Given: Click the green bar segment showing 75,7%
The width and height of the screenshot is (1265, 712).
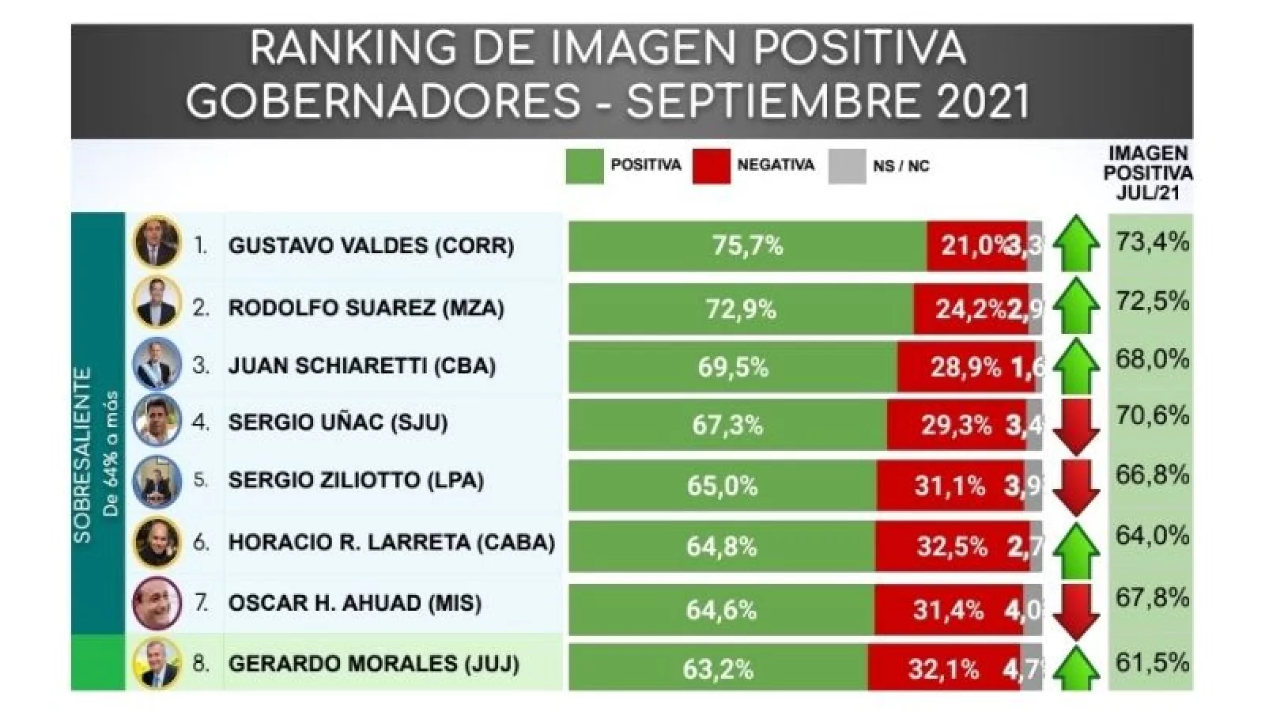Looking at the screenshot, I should pos(747,246).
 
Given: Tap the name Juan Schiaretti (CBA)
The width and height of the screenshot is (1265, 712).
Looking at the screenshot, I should pos(361,366).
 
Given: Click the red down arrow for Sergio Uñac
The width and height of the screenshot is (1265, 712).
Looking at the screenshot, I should pos(1076,426).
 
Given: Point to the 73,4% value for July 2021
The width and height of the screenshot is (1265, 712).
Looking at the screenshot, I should pos(1151,242).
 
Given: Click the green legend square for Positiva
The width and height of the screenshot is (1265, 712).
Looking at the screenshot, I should pos(584,166).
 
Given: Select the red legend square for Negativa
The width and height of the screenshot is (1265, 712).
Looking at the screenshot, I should pos(711,166).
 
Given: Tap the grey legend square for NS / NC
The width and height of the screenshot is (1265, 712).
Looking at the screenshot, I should pos(847,166).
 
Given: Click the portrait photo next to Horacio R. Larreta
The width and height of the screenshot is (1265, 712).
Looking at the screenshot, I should pos(157,543).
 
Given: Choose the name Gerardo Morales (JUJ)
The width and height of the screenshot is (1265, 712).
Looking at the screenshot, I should pos(373,663).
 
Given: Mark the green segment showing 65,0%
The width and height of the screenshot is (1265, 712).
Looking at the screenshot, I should pos(722,485).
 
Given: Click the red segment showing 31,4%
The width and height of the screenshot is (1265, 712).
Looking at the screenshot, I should pos(947,610).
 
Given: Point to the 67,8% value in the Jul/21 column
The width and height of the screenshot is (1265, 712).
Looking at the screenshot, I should pos(1151,597).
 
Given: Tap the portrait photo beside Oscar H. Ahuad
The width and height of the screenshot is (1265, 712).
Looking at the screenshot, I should pos(157,603).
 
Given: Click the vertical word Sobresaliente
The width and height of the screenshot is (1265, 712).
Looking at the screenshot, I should pos(83,455).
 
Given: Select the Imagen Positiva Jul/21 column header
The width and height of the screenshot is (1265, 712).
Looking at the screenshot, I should pos(1148,173).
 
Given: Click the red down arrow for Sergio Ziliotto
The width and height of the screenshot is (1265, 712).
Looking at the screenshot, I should pos(1076,486).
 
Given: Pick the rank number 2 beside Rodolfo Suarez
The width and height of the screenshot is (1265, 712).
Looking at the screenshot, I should pos(201,308).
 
